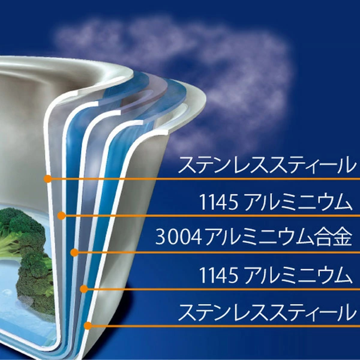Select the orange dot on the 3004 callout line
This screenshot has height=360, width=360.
point(74,253)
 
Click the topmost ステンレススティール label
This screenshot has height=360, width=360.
point(266,165)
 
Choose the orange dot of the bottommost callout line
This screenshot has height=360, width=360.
point(88,325)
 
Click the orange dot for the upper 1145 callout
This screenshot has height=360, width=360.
point(61,215)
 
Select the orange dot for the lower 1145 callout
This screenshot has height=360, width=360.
point(84,289)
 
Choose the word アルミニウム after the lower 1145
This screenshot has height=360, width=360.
point(297,275)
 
